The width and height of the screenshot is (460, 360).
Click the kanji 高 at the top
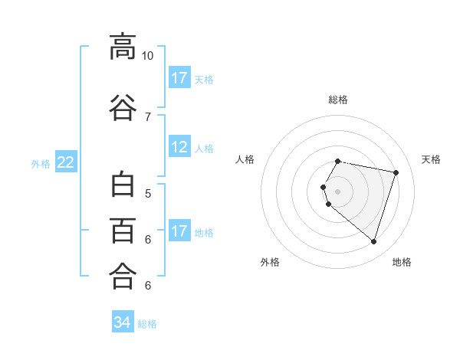[123, 47]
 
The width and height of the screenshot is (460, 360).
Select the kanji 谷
[123, 107]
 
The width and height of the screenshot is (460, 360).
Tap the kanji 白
[123, 184]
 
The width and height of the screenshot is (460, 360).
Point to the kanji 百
[123, 231]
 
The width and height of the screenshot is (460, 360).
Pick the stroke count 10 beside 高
[147, 56]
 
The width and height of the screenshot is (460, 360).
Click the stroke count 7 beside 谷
[148, 117]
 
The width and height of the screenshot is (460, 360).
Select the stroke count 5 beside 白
[148, 194]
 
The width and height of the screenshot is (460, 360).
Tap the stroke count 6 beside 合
[148, 285]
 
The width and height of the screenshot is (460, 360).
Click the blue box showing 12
[179, 146]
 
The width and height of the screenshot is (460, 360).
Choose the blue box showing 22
[66, 162]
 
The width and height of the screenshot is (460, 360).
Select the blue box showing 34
[123, 321]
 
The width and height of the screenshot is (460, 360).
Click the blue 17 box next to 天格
[179, 77]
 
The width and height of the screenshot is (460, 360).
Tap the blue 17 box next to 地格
[179, 230]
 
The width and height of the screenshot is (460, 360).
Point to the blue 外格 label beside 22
[41, 164]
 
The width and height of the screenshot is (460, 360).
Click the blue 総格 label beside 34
[147, 324]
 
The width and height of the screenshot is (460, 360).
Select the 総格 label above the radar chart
[338, 100]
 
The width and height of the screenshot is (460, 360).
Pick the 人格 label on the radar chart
[245, 159]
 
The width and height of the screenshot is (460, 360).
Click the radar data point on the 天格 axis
[396, 172]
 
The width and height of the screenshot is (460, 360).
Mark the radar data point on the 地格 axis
[373, 242]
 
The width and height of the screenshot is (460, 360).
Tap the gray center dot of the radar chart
[337, 191]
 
